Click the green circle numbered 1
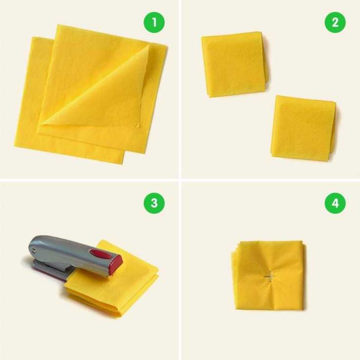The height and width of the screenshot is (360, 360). [154, 22]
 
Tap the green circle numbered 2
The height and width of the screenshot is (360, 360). [335, 22]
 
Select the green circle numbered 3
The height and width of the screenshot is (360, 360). [154, 203]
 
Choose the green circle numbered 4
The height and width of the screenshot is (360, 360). [335, 203]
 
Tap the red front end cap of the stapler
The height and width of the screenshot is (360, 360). [116, 264]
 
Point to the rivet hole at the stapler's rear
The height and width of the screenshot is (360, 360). [34, 249]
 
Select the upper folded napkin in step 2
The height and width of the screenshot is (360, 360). [235, 64]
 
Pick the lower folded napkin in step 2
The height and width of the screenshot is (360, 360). [304, 128]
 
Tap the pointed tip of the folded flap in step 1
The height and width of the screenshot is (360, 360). [148, 46]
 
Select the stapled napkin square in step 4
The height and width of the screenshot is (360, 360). [268, 275]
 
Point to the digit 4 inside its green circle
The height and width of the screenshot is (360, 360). [335, 203]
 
